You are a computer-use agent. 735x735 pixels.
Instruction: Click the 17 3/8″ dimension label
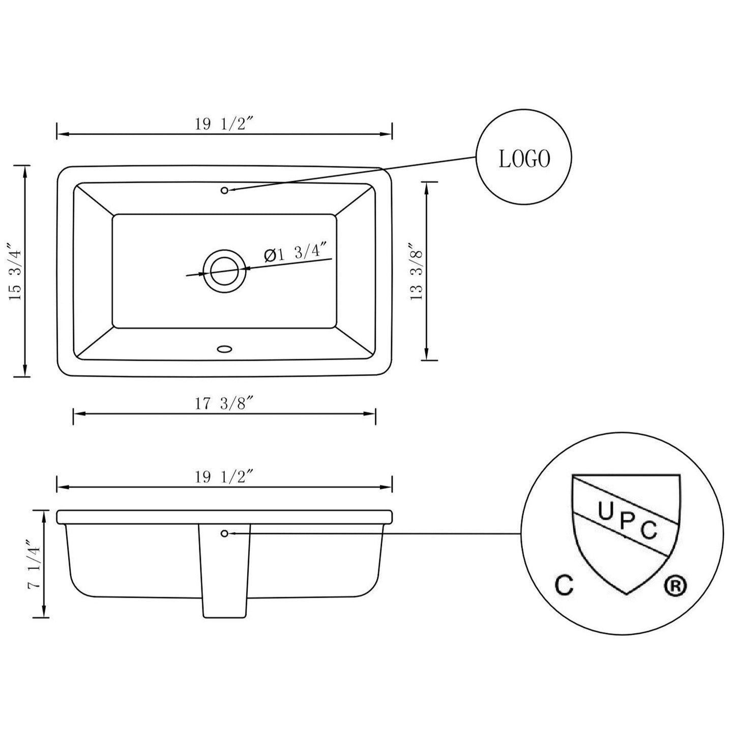pos(224,404)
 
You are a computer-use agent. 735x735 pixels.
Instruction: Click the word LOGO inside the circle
pos(524,160)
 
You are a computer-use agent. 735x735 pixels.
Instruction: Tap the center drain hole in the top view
pos(224,271)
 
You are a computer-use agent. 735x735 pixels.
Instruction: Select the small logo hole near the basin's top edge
pos(224,190)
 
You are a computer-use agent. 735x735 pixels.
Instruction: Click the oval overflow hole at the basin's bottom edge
pos(224,349)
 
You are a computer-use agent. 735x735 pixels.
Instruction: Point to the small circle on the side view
pos(224,533)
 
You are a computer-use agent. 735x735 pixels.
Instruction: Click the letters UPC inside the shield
pos(627,521)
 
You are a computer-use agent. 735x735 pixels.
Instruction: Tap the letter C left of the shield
pos(564,586)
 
